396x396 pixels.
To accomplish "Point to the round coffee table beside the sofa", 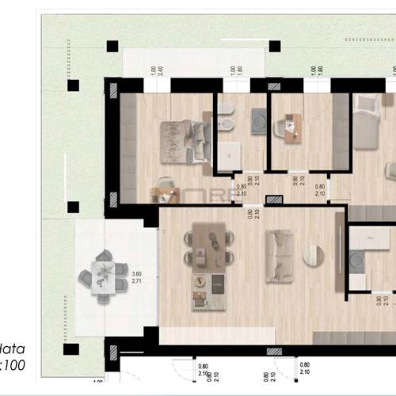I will click(x=314, y=255).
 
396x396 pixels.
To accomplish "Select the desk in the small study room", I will click(x=291, y=128).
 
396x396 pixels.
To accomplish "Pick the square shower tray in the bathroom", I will click(x=259, y=120).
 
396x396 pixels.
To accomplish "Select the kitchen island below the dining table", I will click(x=208, y=291).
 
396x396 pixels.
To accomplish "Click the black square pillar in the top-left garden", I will click(x=112, y=46).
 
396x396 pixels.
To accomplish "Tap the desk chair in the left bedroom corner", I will click(x=165, y=185).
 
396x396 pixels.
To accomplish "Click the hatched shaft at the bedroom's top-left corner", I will click(x=114, y=91).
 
